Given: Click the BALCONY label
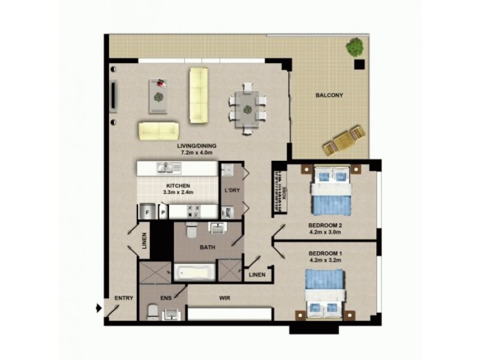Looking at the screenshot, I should [x=329, y=95].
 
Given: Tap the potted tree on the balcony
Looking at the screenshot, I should [x=355, y=46].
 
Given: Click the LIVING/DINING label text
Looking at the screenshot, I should [x=197, y=146].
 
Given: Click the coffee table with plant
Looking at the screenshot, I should [x=159, y=94].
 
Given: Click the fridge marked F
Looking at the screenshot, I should [x=146, y=211].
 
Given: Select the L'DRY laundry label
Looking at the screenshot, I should [x=232, y=190].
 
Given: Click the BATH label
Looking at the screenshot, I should [x=208, y=247].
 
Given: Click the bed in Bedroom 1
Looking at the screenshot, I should [x=325, y=293].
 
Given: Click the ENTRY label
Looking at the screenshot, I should [x=124, y=298].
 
